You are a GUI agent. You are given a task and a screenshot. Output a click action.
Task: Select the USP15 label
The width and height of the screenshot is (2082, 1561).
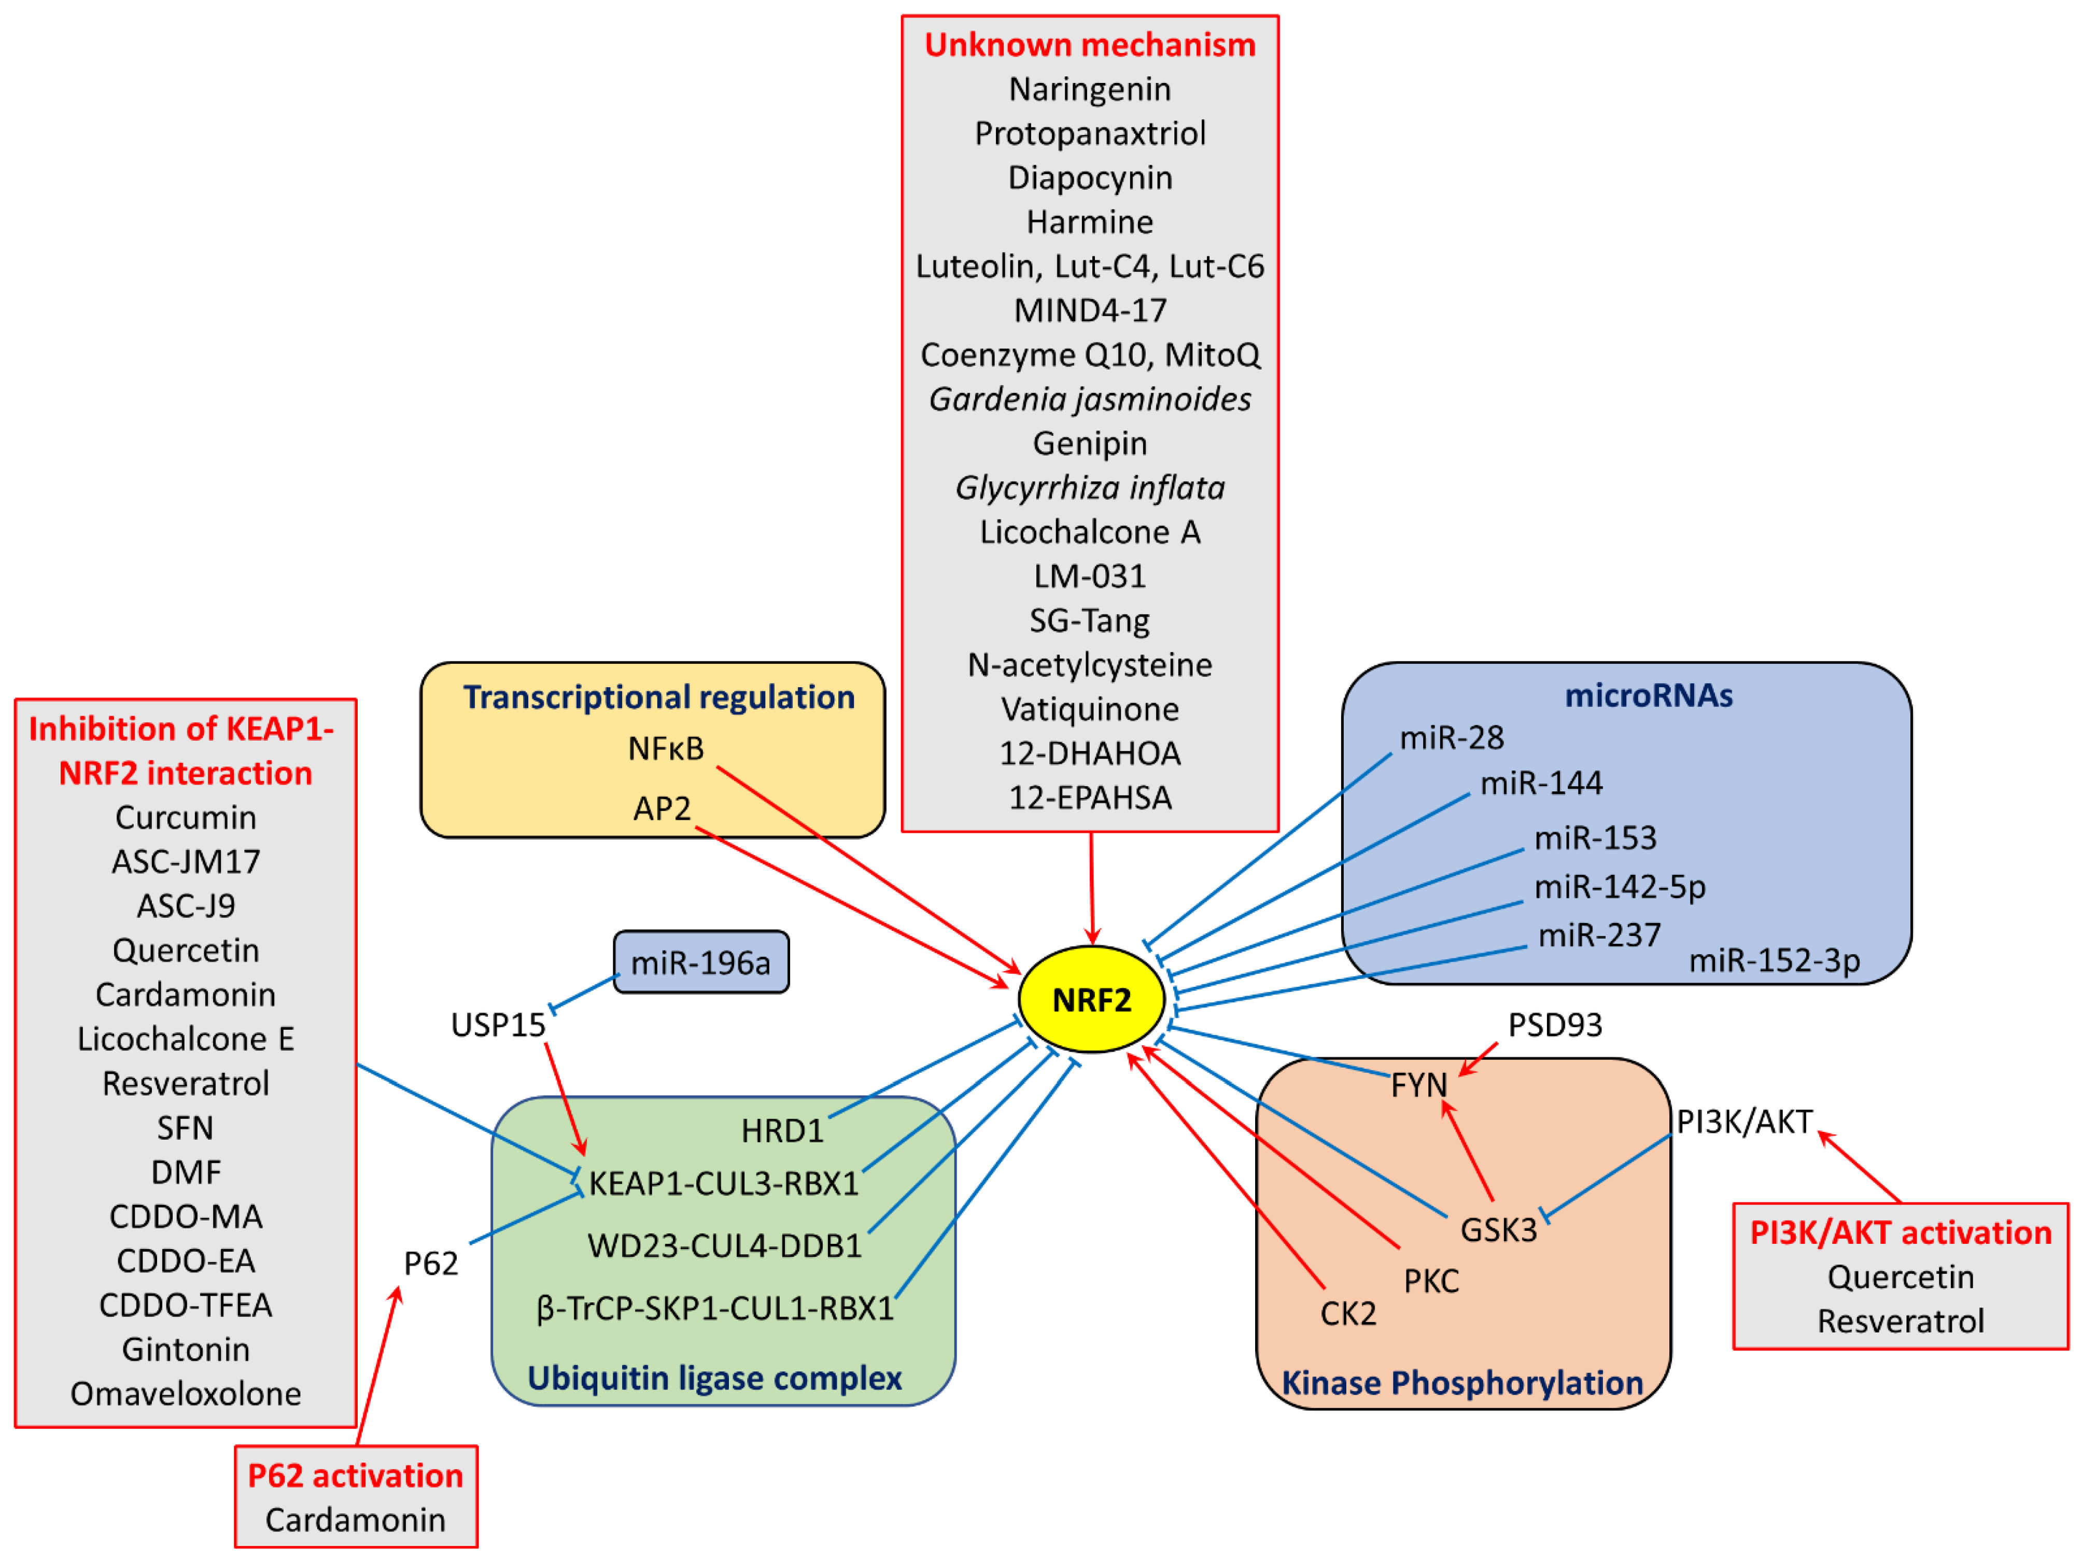[498, 1025]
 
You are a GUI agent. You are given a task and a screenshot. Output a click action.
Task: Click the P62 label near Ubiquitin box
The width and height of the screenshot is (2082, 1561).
[431, 1262]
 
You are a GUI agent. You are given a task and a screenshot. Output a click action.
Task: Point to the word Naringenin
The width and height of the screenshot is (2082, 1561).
[1090, 89]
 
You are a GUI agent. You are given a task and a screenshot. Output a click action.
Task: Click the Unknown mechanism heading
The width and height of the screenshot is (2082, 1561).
[1090, 44]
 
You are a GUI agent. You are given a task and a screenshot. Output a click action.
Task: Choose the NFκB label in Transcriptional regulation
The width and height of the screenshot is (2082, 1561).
[666, 748]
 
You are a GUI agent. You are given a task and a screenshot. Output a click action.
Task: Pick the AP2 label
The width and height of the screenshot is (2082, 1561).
[662, 808]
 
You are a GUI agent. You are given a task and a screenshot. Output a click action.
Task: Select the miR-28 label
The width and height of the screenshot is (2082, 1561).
[1452, 737]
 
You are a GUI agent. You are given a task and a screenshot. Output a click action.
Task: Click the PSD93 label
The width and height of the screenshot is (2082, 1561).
[1555, 1025]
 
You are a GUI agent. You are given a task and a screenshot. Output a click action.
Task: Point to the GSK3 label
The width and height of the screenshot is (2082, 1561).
[1498, 1230]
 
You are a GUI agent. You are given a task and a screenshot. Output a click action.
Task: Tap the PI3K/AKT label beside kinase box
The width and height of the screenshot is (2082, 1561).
[1744, 1122]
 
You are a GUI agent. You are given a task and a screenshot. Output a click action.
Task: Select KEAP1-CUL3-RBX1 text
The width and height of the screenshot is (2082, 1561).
[724, 1183]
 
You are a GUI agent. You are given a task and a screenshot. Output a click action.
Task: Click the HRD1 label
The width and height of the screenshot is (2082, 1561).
[782, 1130]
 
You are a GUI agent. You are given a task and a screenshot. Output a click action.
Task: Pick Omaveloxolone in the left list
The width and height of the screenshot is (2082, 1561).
[186, 1394]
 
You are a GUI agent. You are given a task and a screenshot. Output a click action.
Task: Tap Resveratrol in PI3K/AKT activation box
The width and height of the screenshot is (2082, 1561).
[1901, 1321]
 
